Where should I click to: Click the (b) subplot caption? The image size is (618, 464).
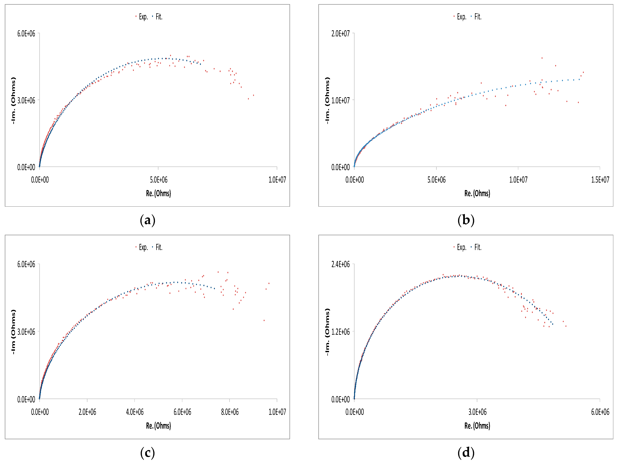tap(466, 220)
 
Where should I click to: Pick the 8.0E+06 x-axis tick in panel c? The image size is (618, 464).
tap(230, 412)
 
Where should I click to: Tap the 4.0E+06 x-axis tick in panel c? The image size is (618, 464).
tap(135, 412)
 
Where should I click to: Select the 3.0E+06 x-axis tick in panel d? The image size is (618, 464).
tap(477, 412)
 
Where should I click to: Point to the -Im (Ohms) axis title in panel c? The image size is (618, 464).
tap(13, 332)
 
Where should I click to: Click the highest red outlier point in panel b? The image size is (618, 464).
tap(542, 58)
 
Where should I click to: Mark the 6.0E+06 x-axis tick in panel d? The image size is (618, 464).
tap(600, 412)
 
